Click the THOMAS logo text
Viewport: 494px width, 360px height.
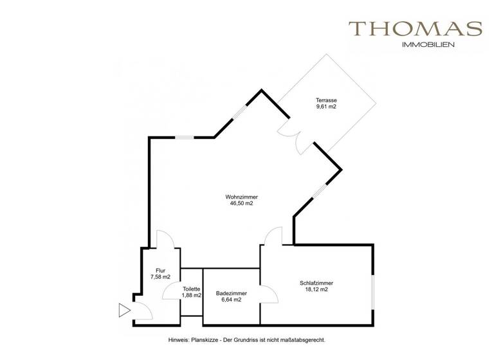[415, 29]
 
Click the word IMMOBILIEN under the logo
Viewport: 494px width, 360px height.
[428, 45]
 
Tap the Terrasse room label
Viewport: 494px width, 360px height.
[326, 100]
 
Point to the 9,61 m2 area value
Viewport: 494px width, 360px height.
[326, 107]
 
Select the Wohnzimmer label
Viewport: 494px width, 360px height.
[241, 197]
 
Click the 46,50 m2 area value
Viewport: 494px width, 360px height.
[241, 204]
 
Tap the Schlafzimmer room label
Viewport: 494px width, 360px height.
[316, 283]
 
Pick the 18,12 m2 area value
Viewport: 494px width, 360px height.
[316, 290]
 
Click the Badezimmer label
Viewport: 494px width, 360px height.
[229, 292]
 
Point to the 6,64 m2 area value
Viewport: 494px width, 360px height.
[229, 300]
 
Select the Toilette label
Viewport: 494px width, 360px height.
[192, 289]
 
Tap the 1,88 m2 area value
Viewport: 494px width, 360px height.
[192, 296]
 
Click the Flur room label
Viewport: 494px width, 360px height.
[161, 270]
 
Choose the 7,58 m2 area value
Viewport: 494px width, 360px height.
[161, 277]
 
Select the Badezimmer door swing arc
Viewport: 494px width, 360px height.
[270, 294]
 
